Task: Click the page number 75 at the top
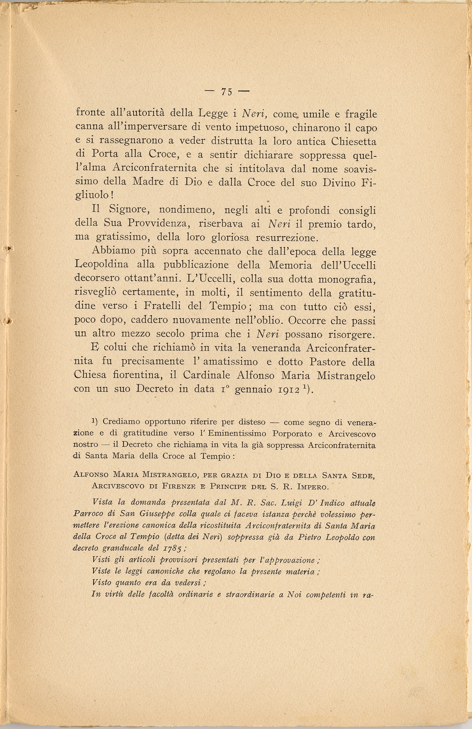pyautogui.click(x=227, y=92)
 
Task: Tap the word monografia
pyautogui.click(x=347, y=279)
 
